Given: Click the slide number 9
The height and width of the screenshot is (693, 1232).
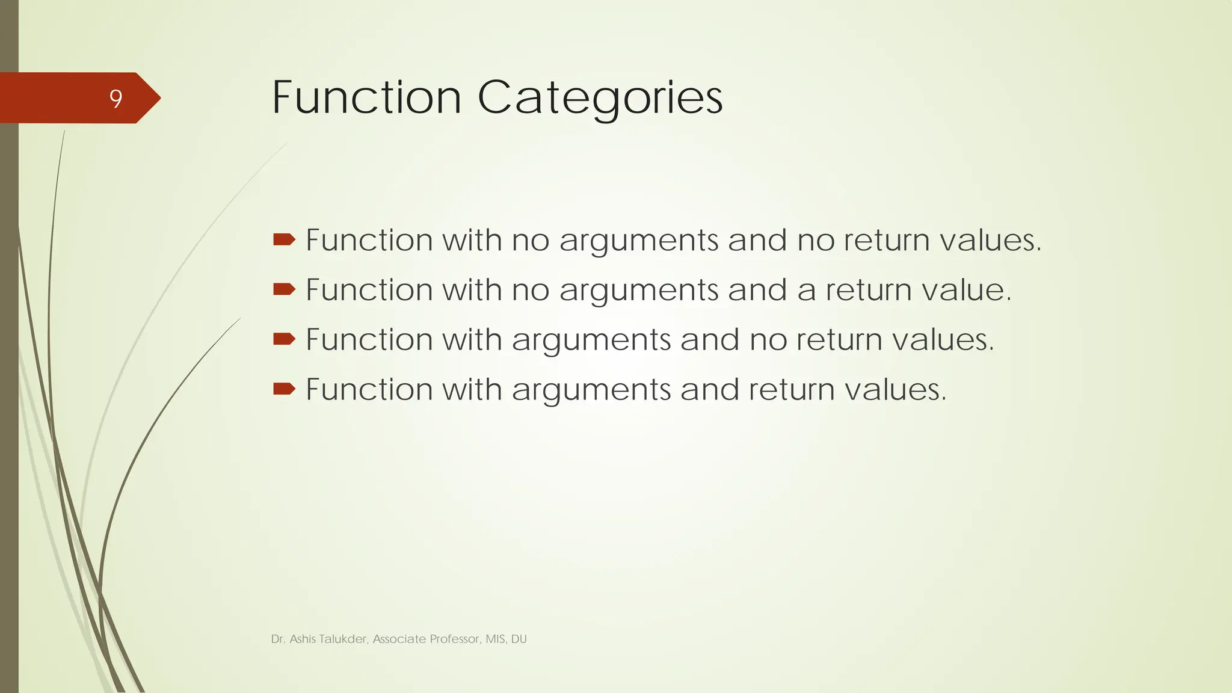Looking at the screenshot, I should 115,99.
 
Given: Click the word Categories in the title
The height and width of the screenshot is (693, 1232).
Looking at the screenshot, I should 600,97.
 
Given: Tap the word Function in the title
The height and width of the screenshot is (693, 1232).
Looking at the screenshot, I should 367,97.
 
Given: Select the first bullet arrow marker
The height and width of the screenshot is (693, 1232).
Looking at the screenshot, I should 284,240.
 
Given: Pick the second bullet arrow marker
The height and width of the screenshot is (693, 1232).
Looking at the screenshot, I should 284,290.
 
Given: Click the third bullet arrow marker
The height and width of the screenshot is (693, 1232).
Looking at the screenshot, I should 284,339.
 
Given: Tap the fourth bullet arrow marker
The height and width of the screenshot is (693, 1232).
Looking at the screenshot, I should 284,389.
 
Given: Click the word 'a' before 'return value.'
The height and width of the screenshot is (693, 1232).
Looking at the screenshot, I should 807,291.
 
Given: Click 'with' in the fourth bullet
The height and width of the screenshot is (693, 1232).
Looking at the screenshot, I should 472,389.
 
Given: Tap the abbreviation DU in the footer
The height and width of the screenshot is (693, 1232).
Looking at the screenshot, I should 519,639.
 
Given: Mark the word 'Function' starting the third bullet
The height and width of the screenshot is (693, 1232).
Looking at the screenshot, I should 369,339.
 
